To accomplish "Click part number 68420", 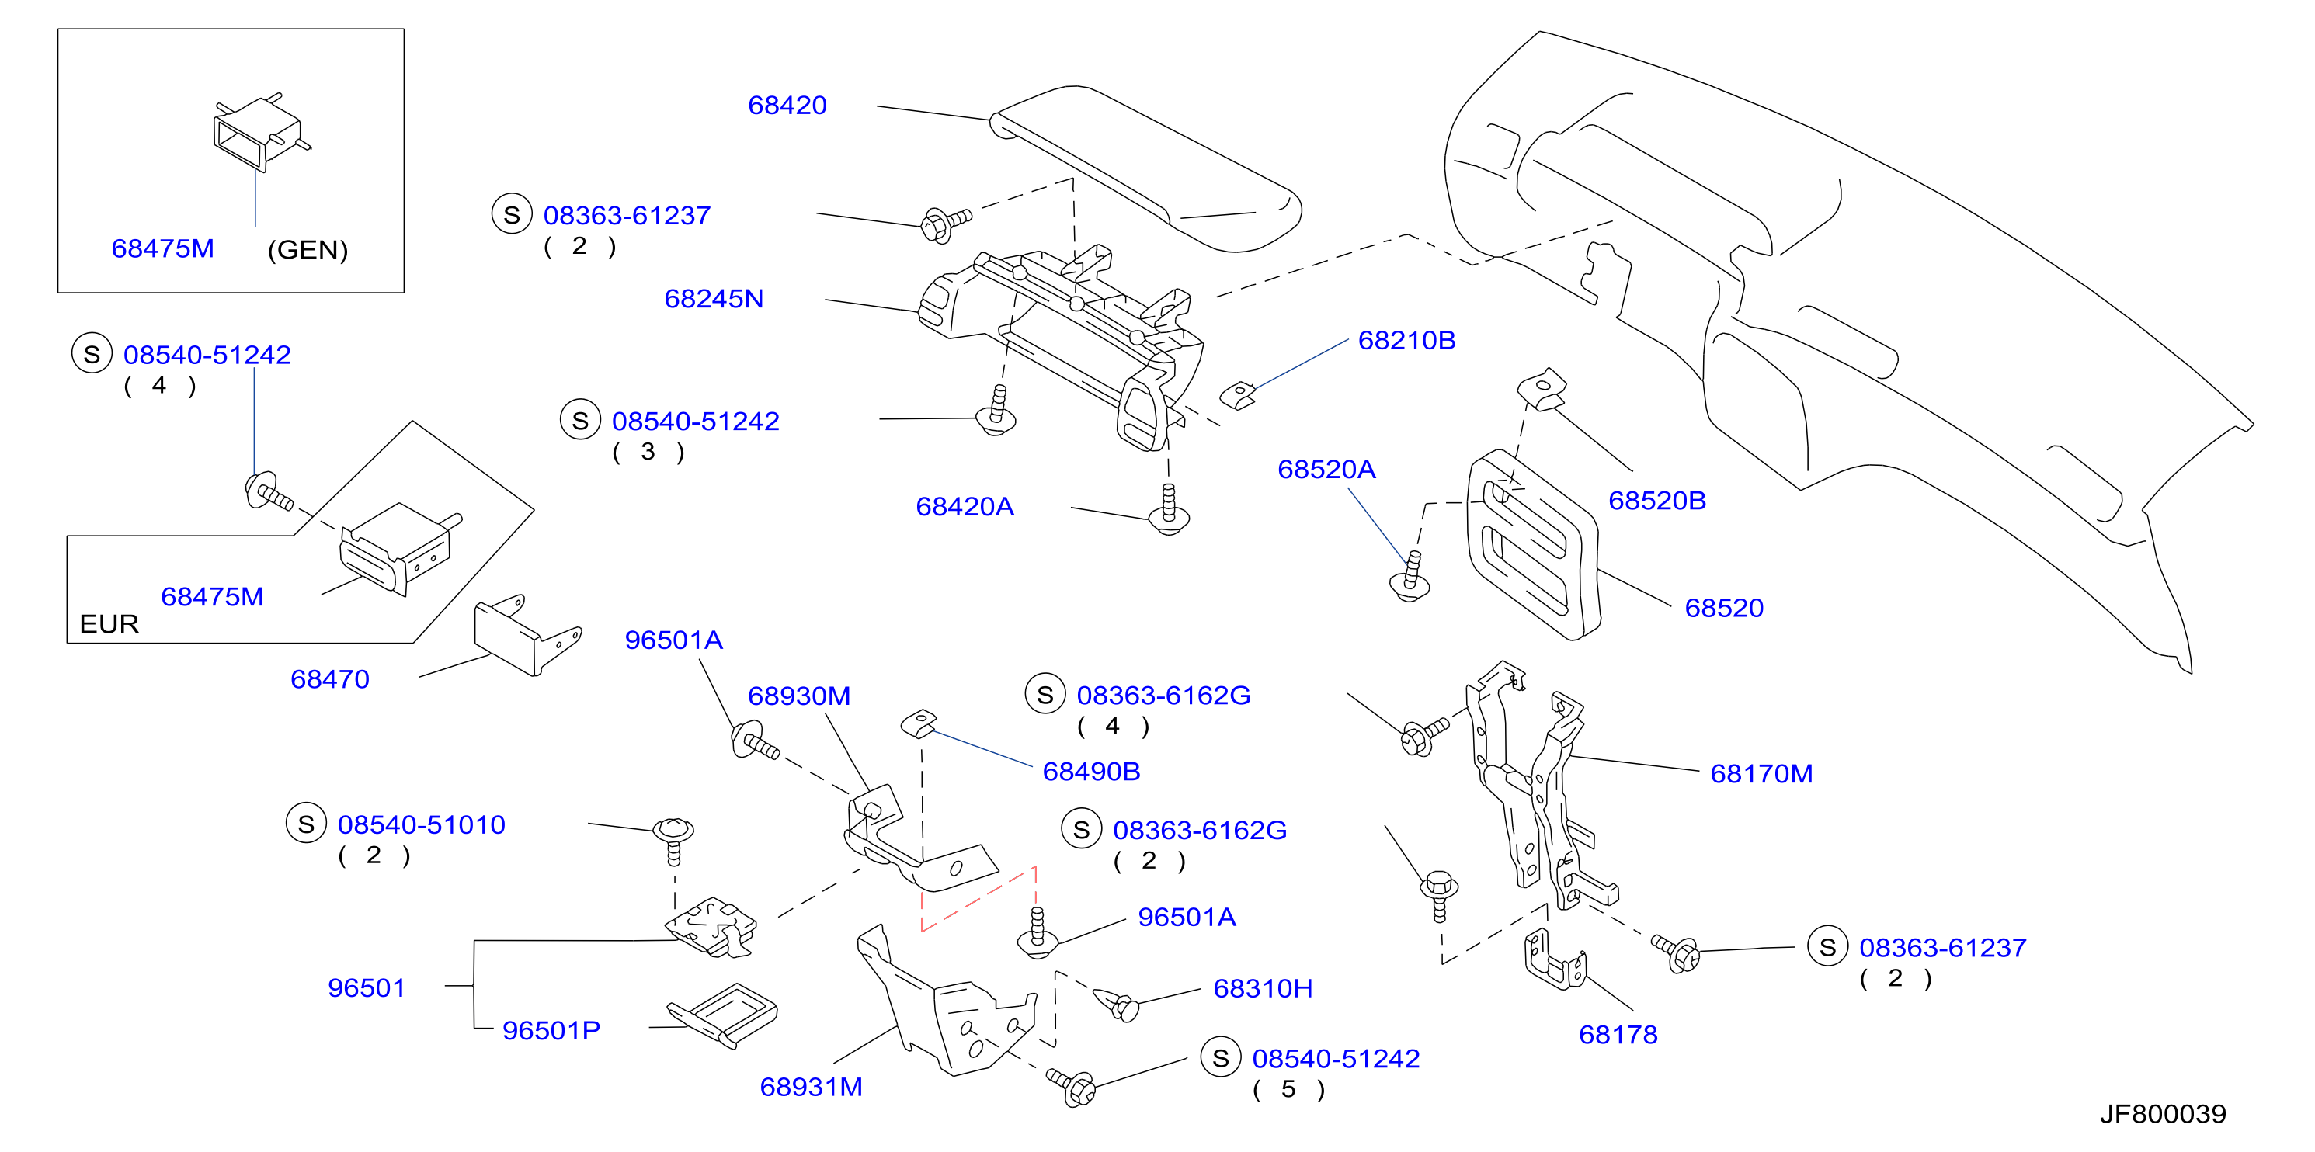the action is (x=787, y=105).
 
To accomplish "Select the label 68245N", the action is (x=714, y=298).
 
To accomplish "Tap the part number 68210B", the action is (x=1406, y=341).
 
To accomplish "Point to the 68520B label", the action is (x=1657, y=501).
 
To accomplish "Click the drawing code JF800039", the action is (x=2163, y=1114).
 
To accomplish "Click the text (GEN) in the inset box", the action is (x=308, y=250).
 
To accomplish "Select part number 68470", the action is (x=330, y=679).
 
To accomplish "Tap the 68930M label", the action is (x=799, y=696).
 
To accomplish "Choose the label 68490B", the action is (x=1091, y=771).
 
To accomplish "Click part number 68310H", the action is (x=1263, y=988).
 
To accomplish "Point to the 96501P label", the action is (x=551, y=1031).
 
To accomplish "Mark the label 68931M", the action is (x=812, y=1088).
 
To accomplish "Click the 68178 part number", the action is (x=1618, y=1036).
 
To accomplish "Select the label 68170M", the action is (x=1761, y=774).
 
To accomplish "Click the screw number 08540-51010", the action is (x=422, y=825).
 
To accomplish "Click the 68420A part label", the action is (x=965, y=507).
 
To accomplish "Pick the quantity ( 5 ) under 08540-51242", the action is (x=1288, y=1089).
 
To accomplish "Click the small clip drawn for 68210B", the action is (x=1237, y=395).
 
